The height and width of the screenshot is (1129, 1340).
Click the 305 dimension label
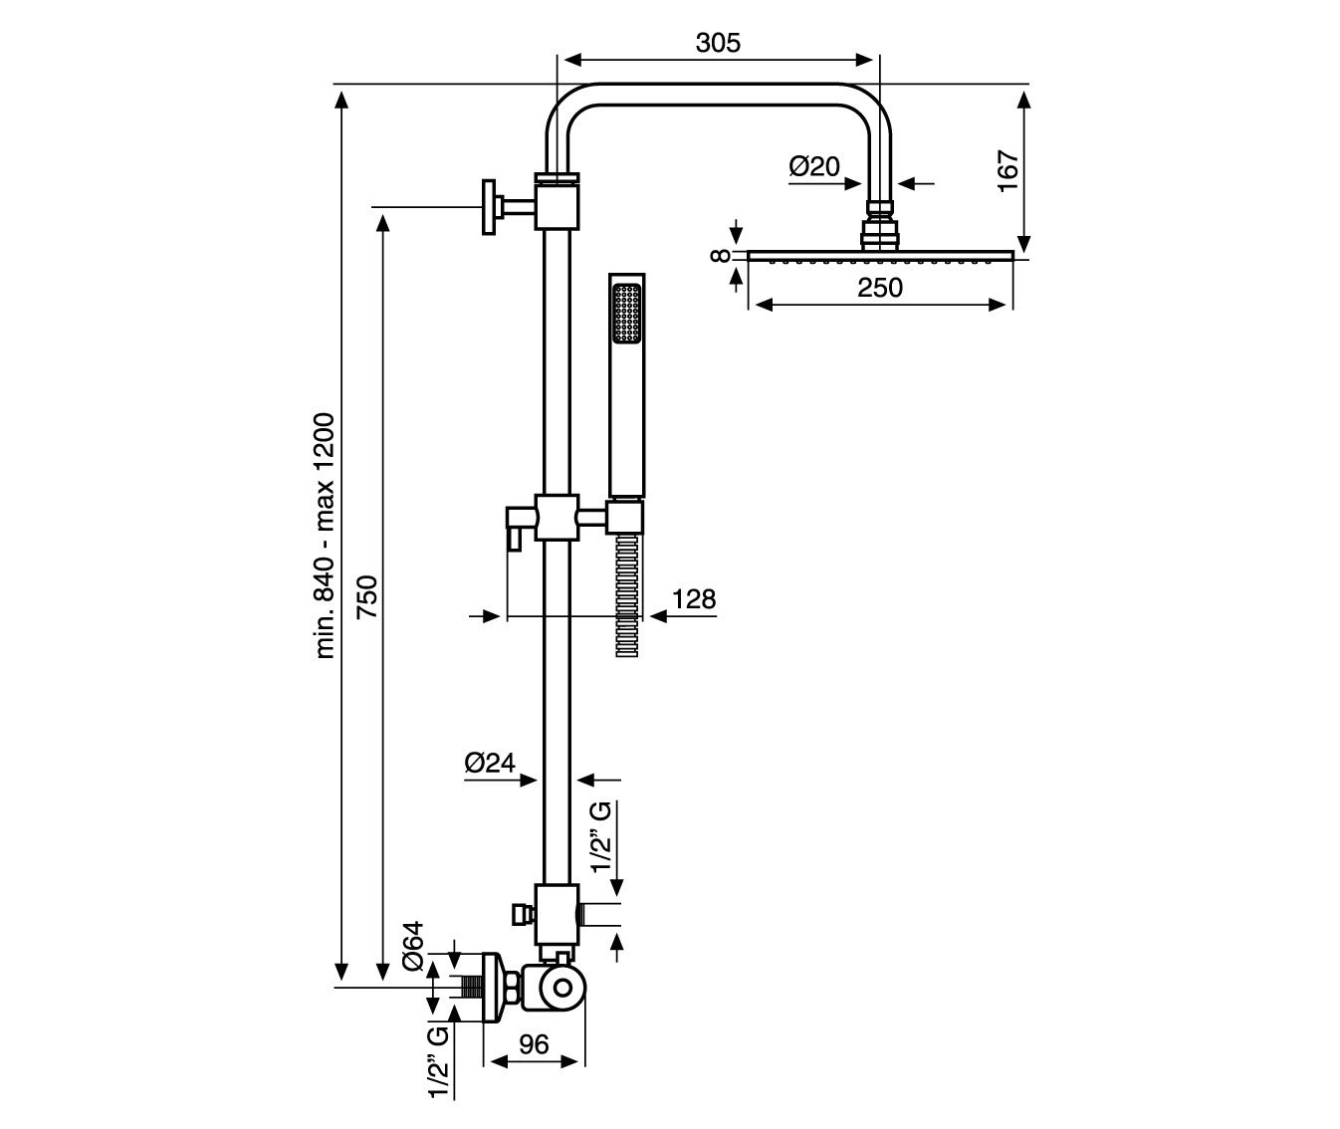(718, 43)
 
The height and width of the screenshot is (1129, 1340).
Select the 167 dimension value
(1006, 171)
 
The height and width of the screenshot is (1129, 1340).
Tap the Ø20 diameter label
(815, 166)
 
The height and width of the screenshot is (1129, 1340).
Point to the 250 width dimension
(880, 288)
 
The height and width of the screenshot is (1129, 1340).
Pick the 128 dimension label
(694, 599)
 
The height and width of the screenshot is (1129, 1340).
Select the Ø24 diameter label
(490, 764)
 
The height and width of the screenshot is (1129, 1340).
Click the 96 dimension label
(535, 1044)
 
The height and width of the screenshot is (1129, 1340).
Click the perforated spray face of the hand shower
(626, 316)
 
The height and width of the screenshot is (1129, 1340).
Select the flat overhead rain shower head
(880, 256)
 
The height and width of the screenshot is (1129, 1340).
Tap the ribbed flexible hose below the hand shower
(626, 593)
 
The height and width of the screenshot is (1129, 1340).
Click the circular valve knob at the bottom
(561, 989)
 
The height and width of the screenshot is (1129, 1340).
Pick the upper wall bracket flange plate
(488, 207)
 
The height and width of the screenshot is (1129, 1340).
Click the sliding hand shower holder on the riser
(557, 517)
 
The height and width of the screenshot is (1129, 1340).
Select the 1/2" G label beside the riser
(602, 835)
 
